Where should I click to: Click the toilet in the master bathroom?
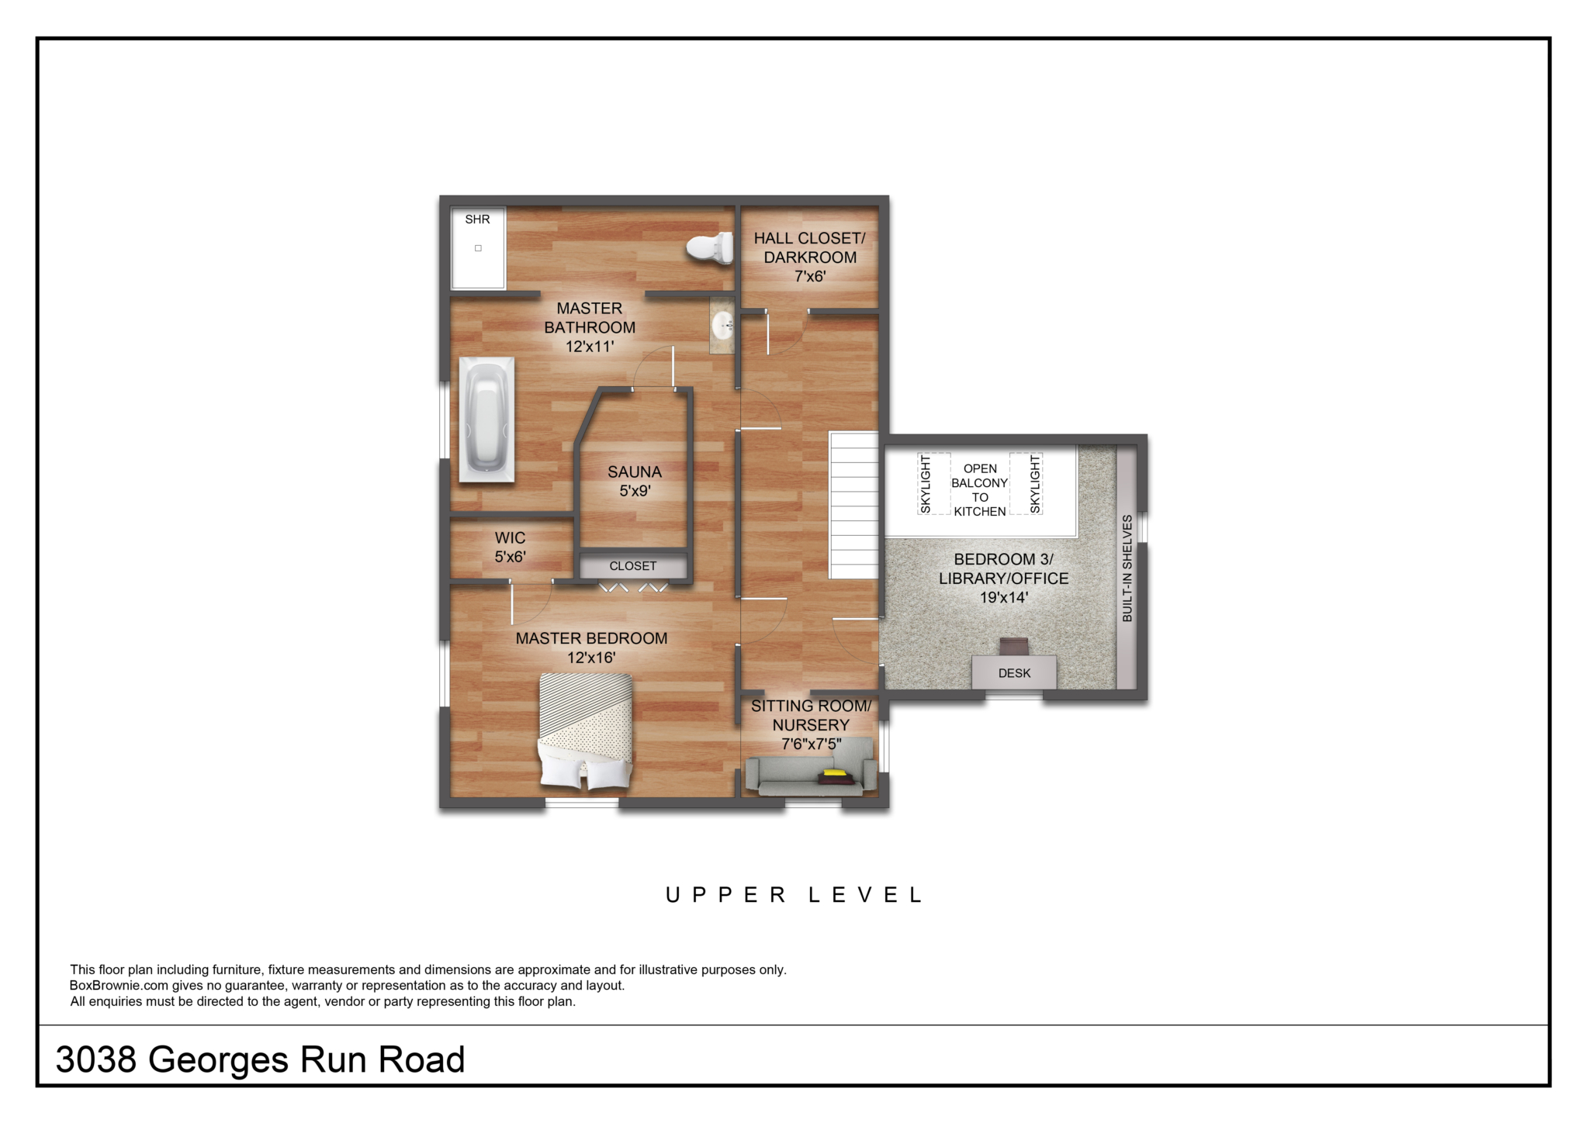(710, 247)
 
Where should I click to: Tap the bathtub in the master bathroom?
(486, 420)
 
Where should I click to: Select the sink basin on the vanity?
(722, 324)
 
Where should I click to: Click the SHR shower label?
(477, 219)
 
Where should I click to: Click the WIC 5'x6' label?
(511, 547)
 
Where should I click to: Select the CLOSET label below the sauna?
(633, 566)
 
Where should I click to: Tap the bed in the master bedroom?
(586, 731)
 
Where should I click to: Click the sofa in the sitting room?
(811, 767)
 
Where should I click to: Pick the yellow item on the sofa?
(836, 773)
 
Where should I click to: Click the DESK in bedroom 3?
(1014, 672)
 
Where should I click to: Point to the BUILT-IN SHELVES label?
(1127, 568)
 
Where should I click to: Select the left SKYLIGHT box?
(933, 483)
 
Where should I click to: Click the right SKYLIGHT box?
(1026, 483)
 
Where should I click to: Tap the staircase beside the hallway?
(853, 505)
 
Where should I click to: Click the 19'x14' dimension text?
(1004, 597)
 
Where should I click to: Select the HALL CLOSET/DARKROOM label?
(810, 257)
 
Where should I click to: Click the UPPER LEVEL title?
(794, 895)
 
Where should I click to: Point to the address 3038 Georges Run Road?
(261, 1059)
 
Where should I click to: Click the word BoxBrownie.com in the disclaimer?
(119, 986)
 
